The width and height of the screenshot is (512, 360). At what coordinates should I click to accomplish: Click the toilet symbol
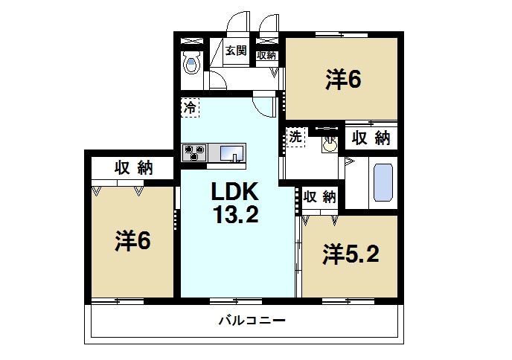point(191,65)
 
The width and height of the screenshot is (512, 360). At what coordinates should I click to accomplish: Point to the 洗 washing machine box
point(295,137)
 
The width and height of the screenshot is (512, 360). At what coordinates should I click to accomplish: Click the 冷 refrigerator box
point(190,107)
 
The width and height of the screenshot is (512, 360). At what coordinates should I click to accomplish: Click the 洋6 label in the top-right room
point(342,79)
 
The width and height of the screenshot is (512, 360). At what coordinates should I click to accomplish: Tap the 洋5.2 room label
point(351,254)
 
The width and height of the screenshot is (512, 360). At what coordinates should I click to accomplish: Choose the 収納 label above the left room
point(133,167)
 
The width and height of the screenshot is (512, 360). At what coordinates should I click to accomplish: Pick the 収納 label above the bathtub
point(371,138)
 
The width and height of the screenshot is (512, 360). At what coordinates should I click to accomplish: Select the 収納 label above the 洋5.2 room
point(320,197)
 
